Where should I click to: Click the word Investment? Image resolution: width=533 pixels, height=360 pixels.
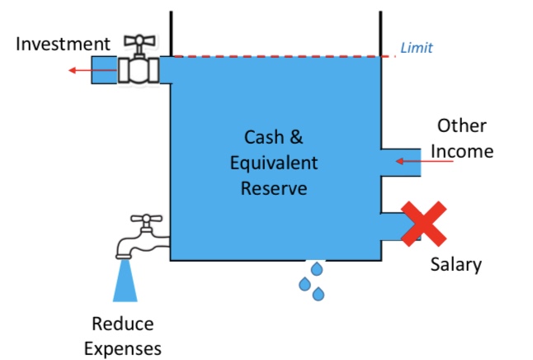pyautogui.click(x=62, y=43)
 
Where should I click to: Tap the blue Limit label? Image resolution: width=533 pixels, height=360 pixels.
pyautogui.click(x=416, y=48)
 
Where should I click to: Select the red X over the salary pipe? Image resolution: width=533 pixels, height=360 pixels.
pyautogui.click(x=423, y=224)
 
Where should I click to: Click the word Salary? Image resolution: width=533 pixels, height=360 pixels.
pyautogui.click(x=456, y=265)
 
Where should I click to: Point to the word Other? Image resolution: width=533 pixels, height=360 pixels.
pyautogui.click(x=461, y=126)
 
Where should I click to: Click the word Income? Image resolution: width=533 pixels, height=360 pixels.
pyautogui.click(x=463, y=151)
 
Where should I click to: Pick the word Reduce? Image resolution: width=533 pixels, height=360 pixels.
pyautogui.click(x=123, y=324)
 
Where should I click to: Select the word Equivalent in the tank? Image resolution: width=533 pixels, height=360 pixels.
pyautogui.click(x=274, y=162)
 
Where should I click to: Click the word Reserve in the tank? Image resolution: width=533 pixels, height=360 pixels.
pyautogui.click(x=274, y=187)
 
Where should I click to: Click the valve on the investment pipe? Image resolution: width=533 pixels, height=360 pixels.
pyautogui.click(x=137, y=69)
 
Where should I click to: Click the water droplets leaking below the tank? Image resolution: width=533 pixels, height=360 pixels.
pyautogui.click(x=312, y=282)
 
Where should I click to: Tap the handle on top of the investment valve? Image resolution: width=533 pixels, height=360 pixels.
pyautogui.click(x=136, y=42)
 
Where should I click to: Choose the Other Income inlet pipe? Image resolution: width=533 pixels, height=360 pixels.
pyautogui.click(x=402, y=162)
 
